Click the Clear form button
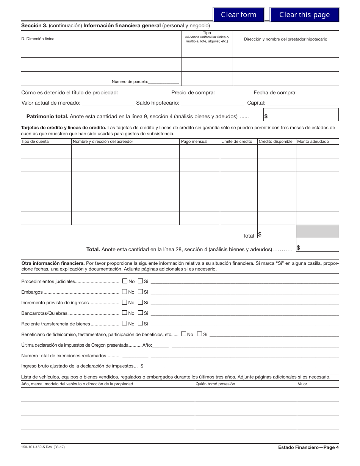click(238, 15)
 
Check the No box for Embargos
click(125, 292)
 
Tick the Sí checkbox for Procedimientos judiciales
click(140, 281)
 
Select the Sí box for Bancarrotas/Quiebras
click(140, 313)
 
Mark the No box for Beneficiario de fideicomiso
click(183, 334)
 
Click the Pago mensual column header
click(194, 141)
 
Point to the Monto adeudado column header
click(313, 141)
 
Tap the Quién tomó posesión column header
click(215, 384)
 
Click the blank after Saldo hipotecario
click(212, 103)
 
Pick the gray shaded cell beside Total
click(317, 231)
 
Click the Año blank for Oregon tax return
click(161, 345)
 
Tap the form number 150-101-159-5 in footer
click(43, 447)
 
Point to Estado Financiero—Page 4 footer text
click(308, 447)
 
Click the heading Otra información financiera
click(53, 263)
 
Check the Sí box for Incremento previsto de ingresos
click(140, 302)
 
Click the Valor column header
click(302, 384)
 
